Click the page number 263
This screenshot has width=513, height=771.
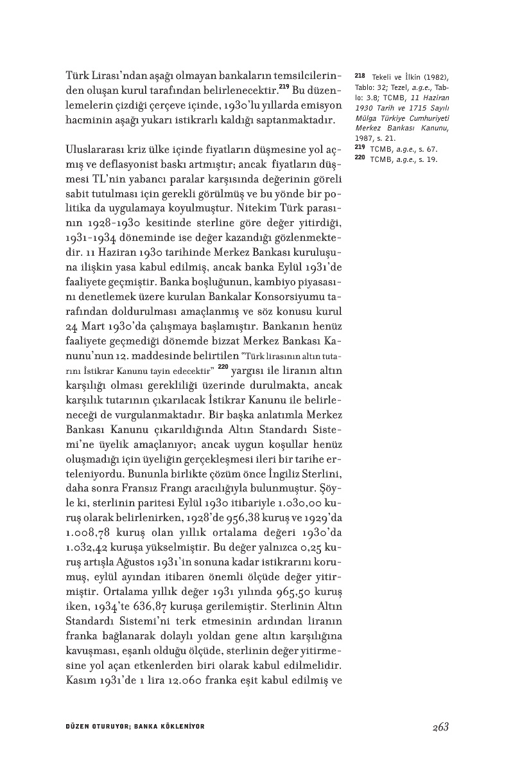pyautogui.click(x=440, y=727)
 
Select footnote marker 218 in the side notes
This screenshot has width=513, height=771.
pyautogui.click(x=359, y=75)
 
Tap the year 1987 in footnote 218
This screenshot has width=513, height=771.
pyautogui.click(x=364, y=137)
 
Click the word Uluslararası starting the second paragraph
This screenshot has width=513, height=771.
pyautogui.click(x=100, y=149)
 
